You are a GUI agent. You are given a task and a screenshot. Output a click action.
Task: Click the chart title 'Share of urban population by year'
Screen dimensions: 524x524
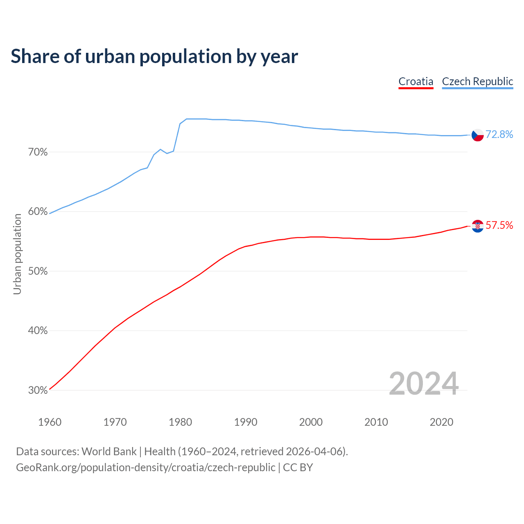(x=154, y=56)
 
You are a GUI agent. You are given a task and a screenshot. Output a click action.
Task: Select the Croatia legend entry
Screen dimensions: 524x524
(x=416, y=81)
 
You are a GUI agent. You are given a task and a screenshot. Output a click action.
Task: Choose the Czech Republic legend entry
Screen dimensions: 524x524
(x=477, y=81)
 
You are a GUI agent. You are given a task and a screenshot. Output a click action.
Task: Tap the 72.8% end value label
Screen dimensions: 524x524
(x=499, y=135)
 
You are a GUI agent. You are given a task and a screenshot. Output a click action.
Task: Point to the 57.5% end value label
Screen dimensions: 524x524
(x=499, y=226)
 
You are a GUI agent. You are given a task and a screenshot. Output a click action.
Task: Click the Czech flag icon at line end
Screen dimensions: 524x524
(x=478, y=135)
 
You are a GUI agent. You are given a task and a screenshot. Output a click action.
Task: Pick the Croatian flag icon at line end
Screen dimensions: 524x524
(x=478, y=226)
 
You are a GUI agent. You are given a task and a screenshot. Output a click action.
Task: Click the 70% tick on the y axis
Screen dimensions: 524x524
(x=38, y=152)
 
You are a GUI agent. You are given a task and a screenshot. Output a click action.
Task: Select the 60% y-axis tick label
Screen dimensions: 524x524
(x=38, y=212)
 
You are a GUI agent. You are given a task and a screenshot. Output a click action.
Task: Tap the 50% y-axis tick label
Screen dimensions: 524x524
(x=38, y=271)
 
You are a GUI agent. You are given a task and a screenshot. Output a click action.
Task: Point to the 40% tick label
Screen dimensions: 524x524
(x=38, y=331)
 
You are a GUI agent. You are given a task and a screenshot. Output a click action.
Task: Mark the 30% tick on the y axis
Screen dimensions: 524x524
(x=38, y=391)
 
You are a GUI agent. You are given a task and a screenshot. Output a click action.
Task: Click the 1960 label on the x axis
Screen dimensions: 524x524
(x=50, y=422)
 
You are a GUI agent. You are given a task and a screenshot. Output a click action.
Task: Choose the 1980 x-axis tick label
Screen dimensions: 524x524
(x=180, y=422)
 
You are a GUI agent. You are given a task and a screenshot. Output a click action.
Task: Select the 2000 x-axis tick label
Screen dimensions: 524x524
(x=311, y=422)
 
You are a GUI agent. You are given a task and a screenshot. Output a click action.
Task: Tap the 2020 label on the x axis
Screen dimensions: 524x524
(x=441, y=422)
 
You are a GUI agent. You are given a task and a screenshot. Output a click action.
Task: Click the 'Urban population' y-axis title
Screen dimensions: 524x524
(x=17, y=254)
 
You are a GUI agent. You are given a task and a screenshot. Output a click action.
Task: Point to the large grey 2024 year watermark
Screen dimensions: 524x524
(x=424, y=384)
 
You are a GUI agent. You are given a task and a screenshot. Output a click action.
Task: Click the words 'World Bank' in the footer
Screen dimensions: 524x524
(x=109, y=452)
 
